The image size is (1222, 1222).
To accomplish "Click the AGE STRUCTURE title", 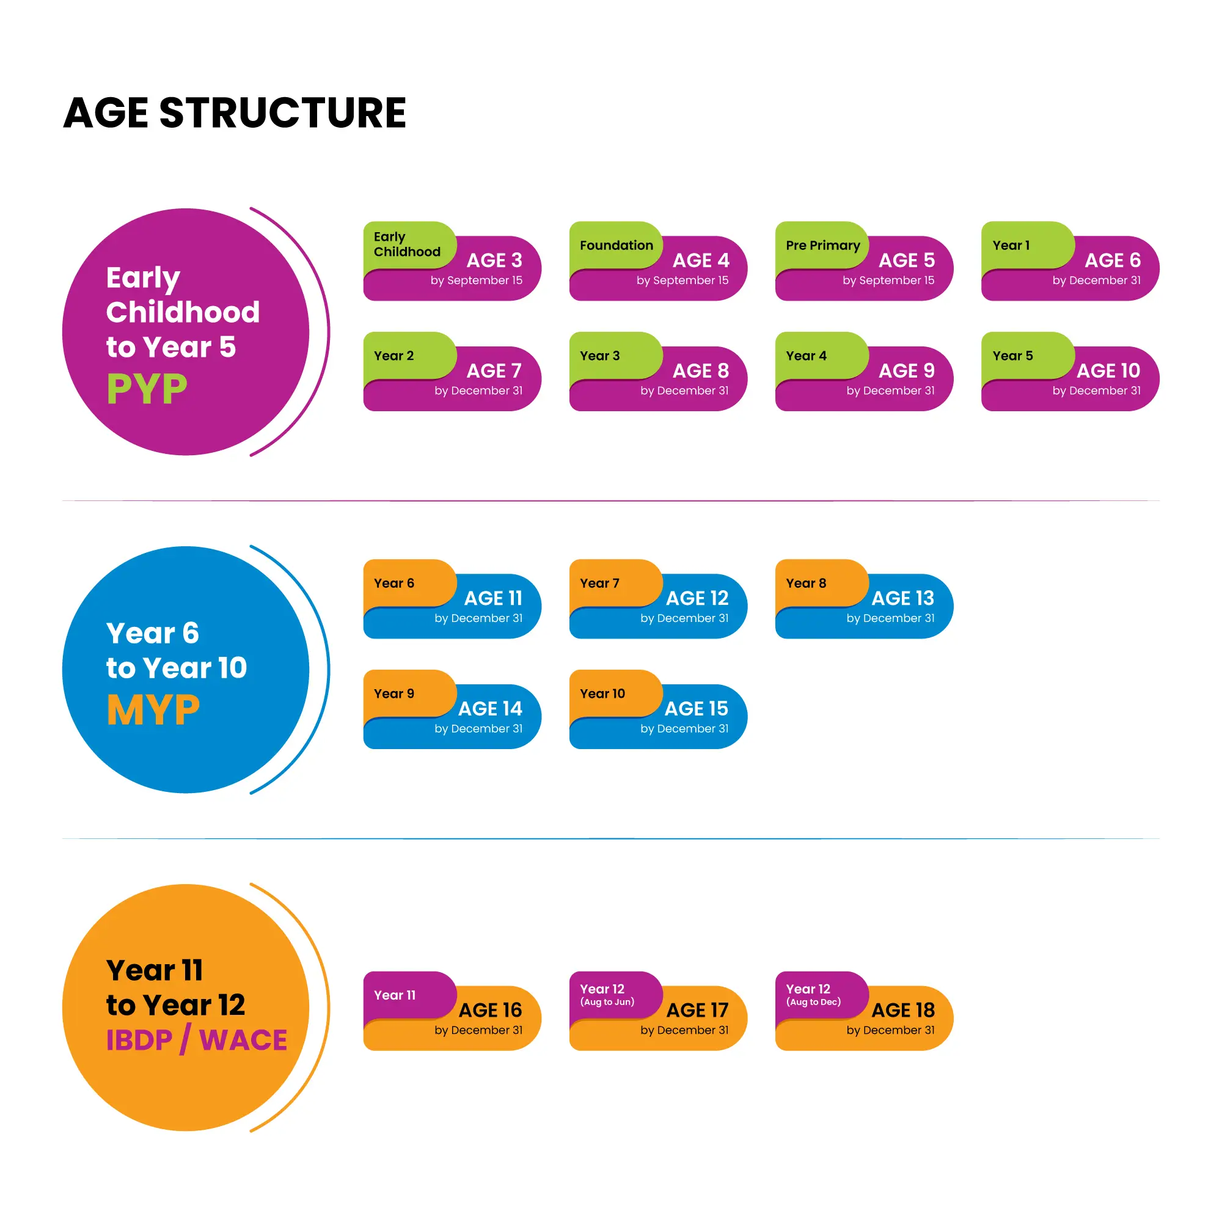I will tap(235, 112).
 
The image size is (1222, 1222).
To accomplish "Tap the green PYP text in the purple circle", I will tap(147, 389).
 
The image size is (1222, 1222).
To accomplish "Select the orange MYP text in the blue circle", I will tap(153, 709).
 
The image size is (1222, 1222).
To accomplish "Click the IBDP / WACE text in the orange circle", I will tap(196, 1040).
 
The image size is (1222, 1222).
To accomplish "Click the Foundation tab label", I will tap(616, 246).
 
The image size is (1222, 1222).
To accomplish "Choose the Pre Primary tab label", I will tap(822, 246).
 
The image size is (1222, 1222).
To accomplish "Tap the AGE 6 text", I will tap(1112, 260).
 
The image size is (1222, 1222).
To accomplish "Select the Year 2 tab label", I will tap(393, 356).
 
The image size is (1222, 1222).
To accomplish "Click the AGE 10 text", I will tap(1108, 371).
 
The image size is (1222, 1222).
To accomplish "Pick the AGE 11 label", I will tap(492, 598).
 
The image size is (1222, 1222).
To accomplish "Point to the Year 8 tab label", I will tap(806, 583).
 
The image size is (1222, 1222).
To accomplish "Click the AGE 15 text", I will tap(696, 708).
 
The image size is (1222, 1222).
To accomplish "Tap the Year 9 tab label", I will tap(393, 694).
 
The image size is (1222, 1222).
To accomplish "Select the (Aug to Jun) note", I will tap(607, 1002).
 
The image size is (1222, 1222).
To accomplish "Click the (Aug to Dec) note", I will tap(813, 1002).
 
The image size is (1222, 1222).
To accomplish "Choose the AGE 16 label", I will tap(490, 1010).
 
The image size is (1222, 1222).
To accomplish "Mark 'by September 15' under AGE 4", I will tap(682, 280).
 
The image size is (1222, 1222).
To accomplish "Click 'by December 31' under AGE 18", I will tap(890, 1030).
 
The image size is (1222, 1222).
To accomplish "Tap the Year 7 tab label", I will tap(599, 583).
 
